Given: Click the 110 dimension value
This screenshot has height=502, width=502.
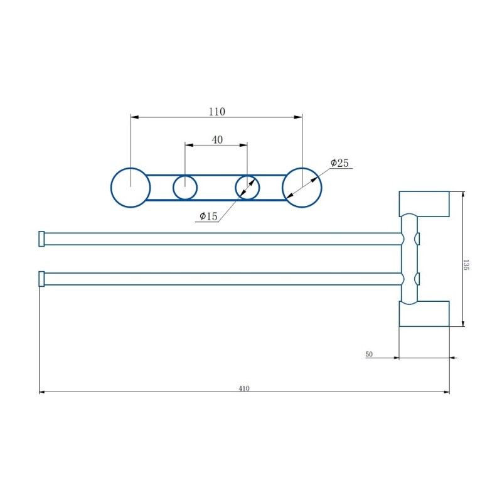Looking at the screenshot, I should (216, 112).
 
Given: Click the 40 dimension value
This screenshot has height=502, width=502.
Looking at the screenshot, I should (217, 140).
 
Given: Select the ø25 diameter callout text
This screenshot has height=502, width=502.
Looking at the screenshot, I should (339, 163).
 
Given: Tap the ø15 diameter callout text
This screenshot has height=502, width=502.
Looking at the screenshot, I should (208, 216).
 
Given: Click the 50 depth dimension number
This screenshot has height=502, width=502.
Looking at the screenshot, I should (369, 355).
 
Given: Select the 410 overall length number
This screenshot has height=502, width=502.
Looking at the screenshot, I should (244, 388).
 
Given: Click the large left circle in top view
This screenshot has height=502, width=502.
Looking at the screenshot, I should (131, 187).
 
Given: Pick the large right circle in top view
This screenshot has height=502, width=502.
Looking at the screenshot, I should (301, 187).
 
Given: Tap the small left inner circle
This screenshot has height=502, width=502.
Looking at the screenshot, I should (185, 187).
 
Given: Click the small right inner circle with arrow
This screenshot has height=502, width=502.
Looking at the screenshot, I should (247, 187).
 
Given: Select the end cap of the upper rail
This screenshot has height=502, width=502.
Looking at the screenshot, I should (42, 238).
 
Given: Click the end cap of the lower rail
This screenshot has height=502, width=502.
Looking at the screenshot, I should (42, 279).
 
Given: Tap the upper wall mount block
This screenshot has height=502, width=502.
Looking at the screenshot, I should (425, 204).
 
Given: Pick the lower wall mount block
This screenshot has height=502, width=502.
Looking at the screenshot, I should (425, 313).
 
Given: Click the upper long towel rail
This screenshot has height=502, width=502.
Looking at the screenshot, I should (220, 238).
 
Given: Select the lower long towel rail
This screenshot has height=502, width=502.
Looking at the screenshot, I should (220, 279).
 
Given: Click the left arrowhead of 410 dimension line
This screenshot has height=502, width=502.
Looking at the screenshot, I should (42, 392).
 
